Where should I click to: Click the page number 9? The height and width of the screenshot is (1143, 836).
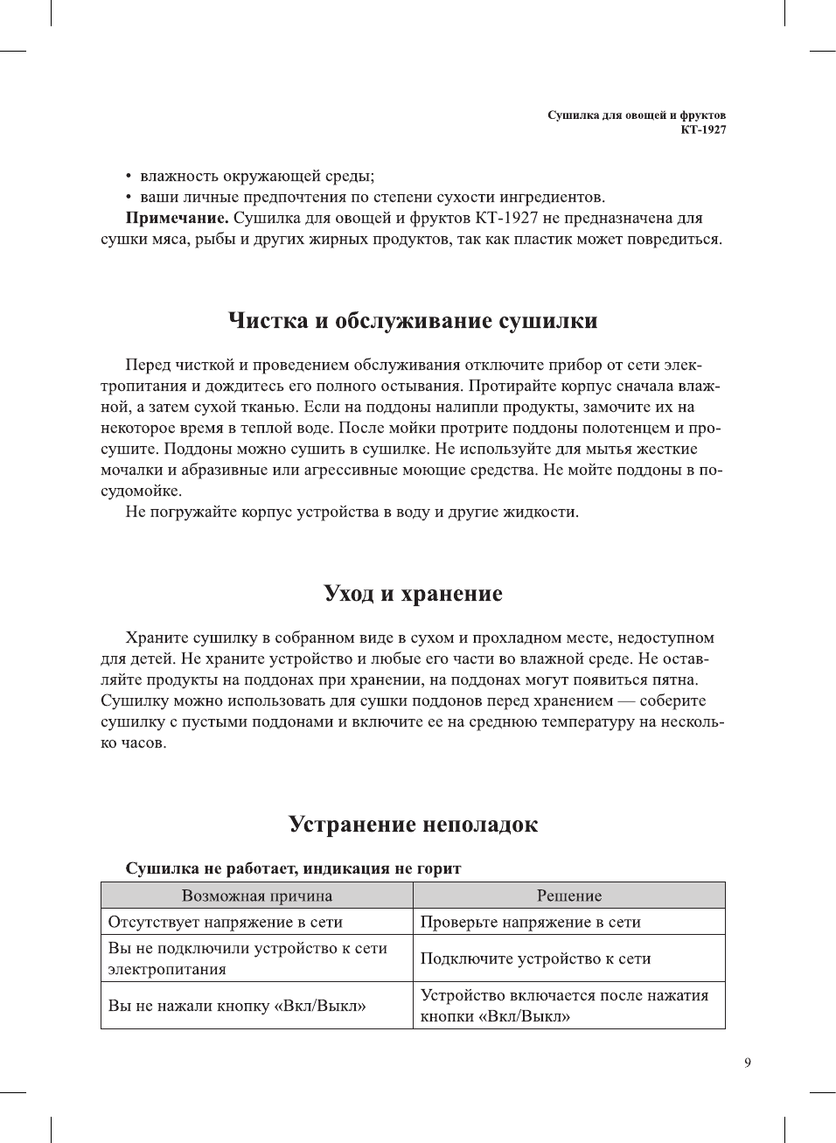[747, 1063]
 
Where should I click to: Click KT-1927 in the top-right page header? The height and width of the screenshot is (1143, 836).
[703, 129]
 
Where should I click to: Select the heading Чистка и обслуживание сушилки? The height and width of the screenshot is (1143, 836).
[413, 321]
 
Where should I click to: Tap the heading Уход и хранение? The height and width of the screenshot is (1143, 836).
[413, 594]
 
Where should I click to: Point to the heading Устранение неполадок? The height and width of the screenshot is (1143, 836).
[413, 825]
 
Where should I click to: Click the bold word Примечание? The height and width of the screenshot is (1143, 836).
[178, 218]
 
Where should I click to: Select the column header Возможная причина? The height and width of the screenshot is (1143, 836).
[257, 896]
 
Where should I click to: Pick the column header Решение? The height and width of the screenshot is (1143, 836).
[568, 896]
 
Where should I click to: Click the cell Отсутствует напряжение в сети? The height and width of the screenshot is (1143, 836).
[226, 922]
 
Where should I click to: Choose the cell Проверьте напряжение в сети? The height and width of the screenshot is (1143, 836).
[531, 922]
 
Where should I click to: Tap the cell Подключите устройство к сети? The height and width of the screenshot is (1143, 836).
[535, 958]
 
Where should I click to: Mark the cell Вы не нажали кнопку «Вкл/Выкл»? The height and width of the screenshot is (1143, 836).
[237, 1006]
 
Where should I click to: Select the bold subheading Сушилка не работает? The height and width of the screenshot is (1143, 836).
[293, 868]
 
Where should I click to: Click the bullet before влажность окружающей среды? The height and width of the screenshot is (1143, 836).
[129, 177]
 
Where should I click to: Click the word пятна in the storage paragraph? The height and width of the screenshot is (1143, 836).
[676, 680]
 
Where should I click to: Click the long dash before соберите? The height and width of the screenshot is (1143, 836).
[626, 700]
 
